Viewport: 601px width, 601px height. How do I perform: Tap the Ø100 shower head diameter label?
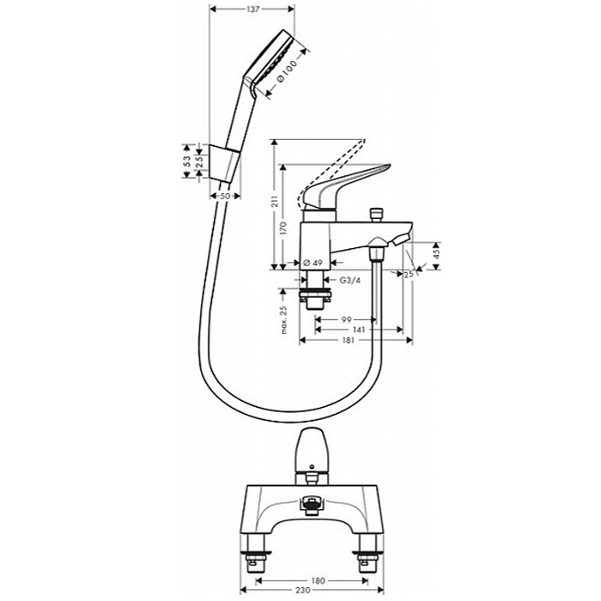click(286, 70)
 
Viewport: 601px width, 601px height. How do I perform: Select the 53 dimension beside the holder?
click(187, 161)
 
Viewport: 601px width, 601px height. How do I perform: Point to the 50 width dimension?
click(225, 196)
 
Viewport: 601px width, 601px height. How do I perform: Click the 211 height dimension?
click(275, 202)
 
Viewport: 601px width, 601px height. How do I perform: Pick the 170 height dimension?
click(283, 228)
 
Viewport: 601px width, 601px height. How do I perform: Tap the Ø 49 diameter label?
click(313, 263)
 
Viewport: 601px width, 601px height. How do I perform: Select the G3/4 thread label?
click(350, 280)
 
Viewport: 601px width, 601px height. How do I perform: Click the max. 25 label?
click(284, 320)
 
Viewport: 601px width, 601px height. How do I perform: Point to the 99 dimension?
click(346, 319)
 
